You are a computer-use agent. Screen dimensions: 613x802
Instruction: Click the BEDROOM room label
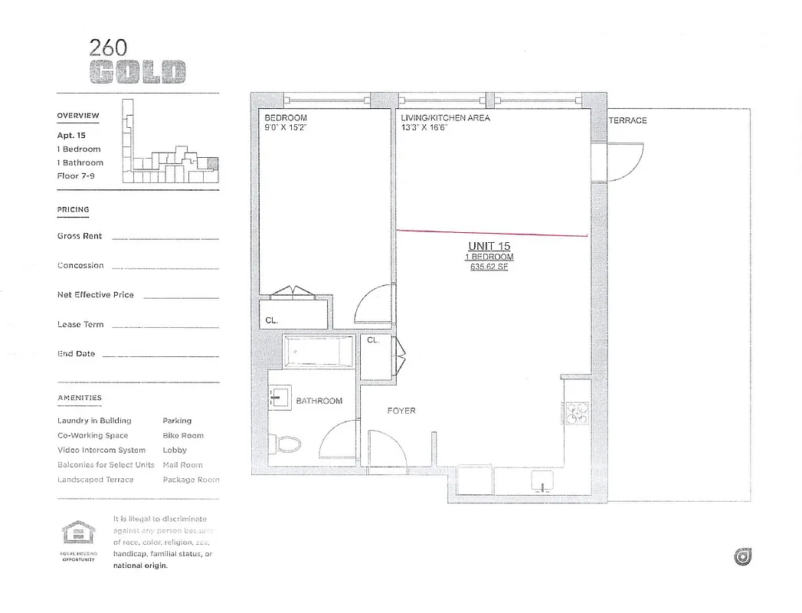[x=286, y=118]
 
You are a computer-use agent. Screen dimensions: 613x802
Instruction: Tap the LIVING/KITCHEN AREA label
[x=445, y=118]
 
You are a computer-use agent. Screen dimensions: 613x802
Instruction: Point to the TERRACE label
[x=627, y=120]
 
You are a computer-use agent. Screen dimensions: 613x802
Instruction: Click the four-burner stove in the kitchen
[x=576, y=414]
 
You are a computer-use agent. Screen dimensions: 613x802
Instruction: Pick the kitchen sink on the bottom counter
[x=542, y=483]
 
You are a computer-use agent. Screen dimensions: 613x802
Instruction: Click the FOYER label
[x=401, y=411]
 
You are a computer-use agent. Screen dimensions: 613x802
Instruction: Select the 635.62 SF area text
[x=490, y=267]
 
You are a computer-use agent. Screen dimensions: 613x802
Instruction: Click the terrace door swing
[x=624, y=159]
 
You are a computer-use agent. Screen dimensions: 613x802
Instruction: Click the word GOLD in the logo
[x=138, y=73]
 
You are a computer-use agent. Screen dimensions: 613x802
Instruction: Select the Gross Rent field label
[x=80, y=236]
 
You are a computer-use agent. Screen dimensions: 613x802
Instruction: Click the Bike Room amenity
[x=183, y=435]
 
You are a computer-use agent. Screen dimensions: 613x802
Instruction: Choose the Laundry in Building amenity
[x=94, y=421]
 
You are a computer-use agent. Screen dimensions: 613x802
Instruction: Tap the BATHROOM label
[x=319, y=401]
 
